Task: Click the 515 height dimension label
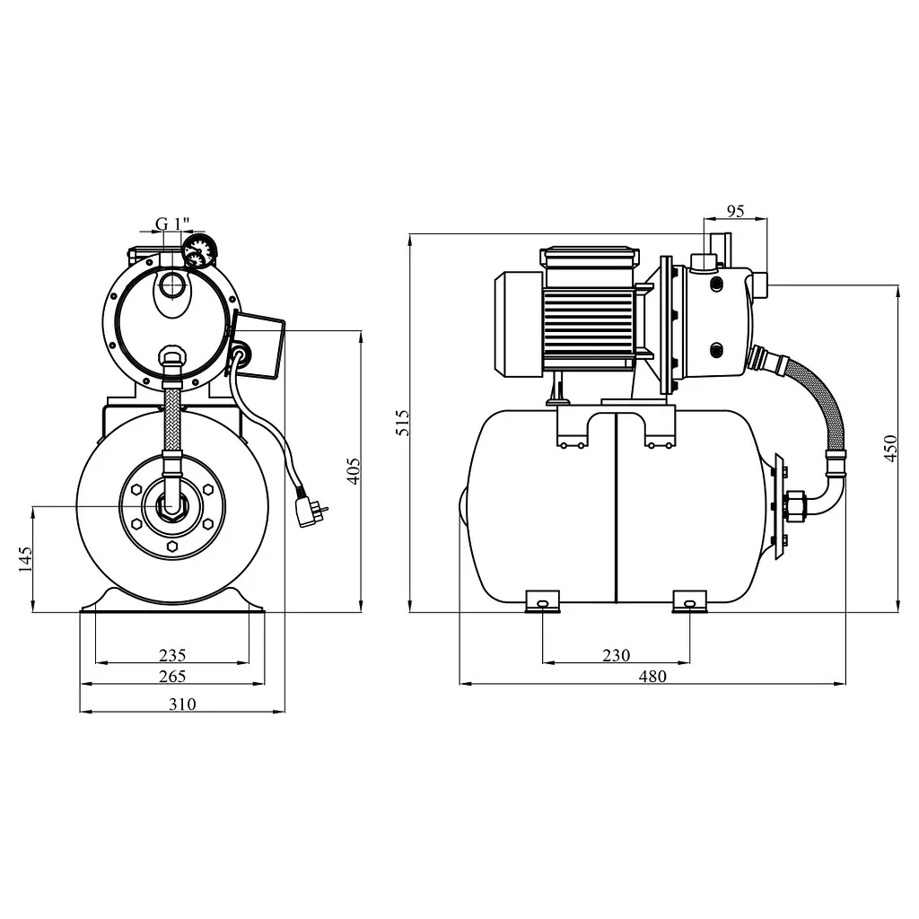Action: tap(403, 423)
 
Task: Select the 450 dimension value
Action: tap(889, 449)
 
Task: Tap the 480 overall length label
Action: tap(652, 677)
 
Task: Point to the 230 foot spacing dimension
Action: tap(616, 655)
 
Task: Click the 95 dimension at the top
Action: tap(735, 211)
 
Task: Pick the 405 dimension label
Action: tap(354, 471)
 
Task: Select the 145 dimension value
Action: tap(24, 559)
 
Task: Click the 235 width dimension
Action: tap(172, 655)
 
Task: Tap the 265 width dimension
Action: tap(172, 677)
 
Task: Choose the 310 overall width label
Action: tap(182, 704)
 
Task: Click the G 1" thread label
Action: tap(172, 223)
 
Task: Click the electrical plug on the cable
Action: tap(310, 510)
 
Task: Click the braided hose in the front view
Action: tap(172, 420)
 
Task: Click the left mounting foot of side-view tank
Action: tap(543, 601)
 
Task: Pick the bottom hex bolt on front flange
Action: tap(172, 547)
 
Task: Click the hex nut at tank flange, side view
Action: tap(794, 505)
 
